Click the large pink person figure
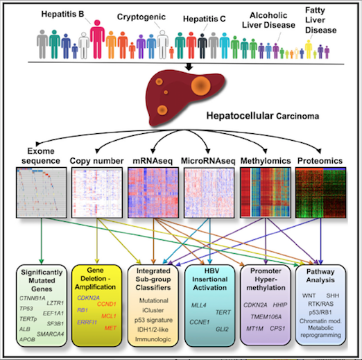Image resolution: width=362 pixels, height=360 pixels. [x=97, y=39]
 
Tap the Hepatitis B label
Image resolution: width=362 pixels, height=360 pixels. [x=62, y=14]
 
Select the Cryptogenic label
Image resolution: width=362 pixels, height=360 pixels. [x=141, y=17]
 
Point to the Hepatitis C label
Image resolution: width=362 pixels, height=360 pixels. [x=205, y=19]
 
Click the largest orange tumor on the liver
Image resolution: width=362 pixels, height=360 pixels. [x=200, y=86]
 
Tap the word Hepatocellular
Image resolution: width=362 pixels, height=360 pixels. [x=240, y=116]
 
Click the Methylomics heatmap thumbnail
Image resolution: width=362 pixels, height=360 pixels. [x=265, y=193]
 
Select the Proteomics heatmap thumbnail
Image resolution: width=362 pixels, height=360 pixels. [x=320, y=193]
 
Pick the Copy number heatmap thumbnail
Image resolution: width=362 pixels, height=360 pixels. [x=97, y=193]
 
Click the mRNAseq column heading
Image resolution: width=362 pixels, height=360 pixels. [x=153, y=161]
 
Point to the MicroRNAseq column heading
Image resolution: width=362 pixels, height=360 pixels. [x=208, y=161]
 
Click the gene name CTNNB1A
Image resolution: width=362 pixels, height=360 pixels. [x=33, y=298]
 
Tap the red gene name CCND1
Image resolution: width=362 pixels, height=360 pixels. [x=106, y=304]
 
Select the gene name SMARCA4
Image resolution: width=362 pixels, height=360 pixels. [x=50, y=334]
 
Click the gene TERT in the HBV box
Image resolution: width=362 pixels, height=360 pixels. [x=223, y=312]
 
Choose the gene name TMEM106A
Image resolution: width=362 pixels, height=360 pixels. [x=266, y=316]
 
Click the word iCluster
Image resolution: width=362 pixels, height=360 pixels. [x=153, y=310]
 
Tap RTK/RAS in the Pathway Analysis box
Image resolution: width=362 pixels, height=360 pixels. [x=320, y=304]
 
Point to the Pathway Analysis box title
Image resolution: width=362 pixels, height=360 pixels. [x=320, y=275]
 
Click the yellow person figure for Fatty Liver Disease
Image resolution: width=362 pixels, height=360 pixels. [x=309, y=49]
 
